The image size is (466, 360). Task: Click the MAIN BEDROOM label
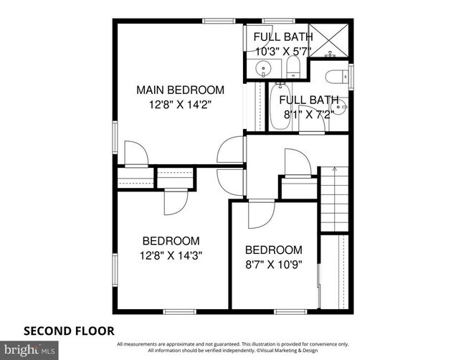pyautogui.click(x=181, y=90)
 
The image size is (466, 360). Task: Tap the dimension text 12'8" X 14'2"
pyautogui.click(x=181, y=104)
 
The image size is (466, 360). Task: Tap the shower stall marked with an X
pyautogui.click(x=330, y=40)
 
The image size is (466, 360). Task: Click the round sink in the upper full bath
pyautogui.click(x=264, y=70)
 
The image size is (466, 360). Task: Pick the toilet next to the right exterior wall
pyautogui.click(x=336, y=77)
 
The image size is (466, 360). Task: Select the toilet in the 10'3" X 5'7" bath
pyautogui.click(x=293, y=69)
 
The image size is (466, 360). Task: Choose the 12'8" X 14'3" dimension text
pyautogui.click(x=171, y=255)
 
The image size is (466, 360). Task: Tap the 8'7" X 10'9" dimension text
pyautogui.click(x=273, y=263)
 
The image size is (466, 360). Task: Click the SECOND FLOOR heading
pyautogui.click(x=70, y=331)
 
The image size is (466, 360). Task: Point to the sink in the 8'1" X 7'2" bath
pyautogui.click(x=343, y=108)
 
